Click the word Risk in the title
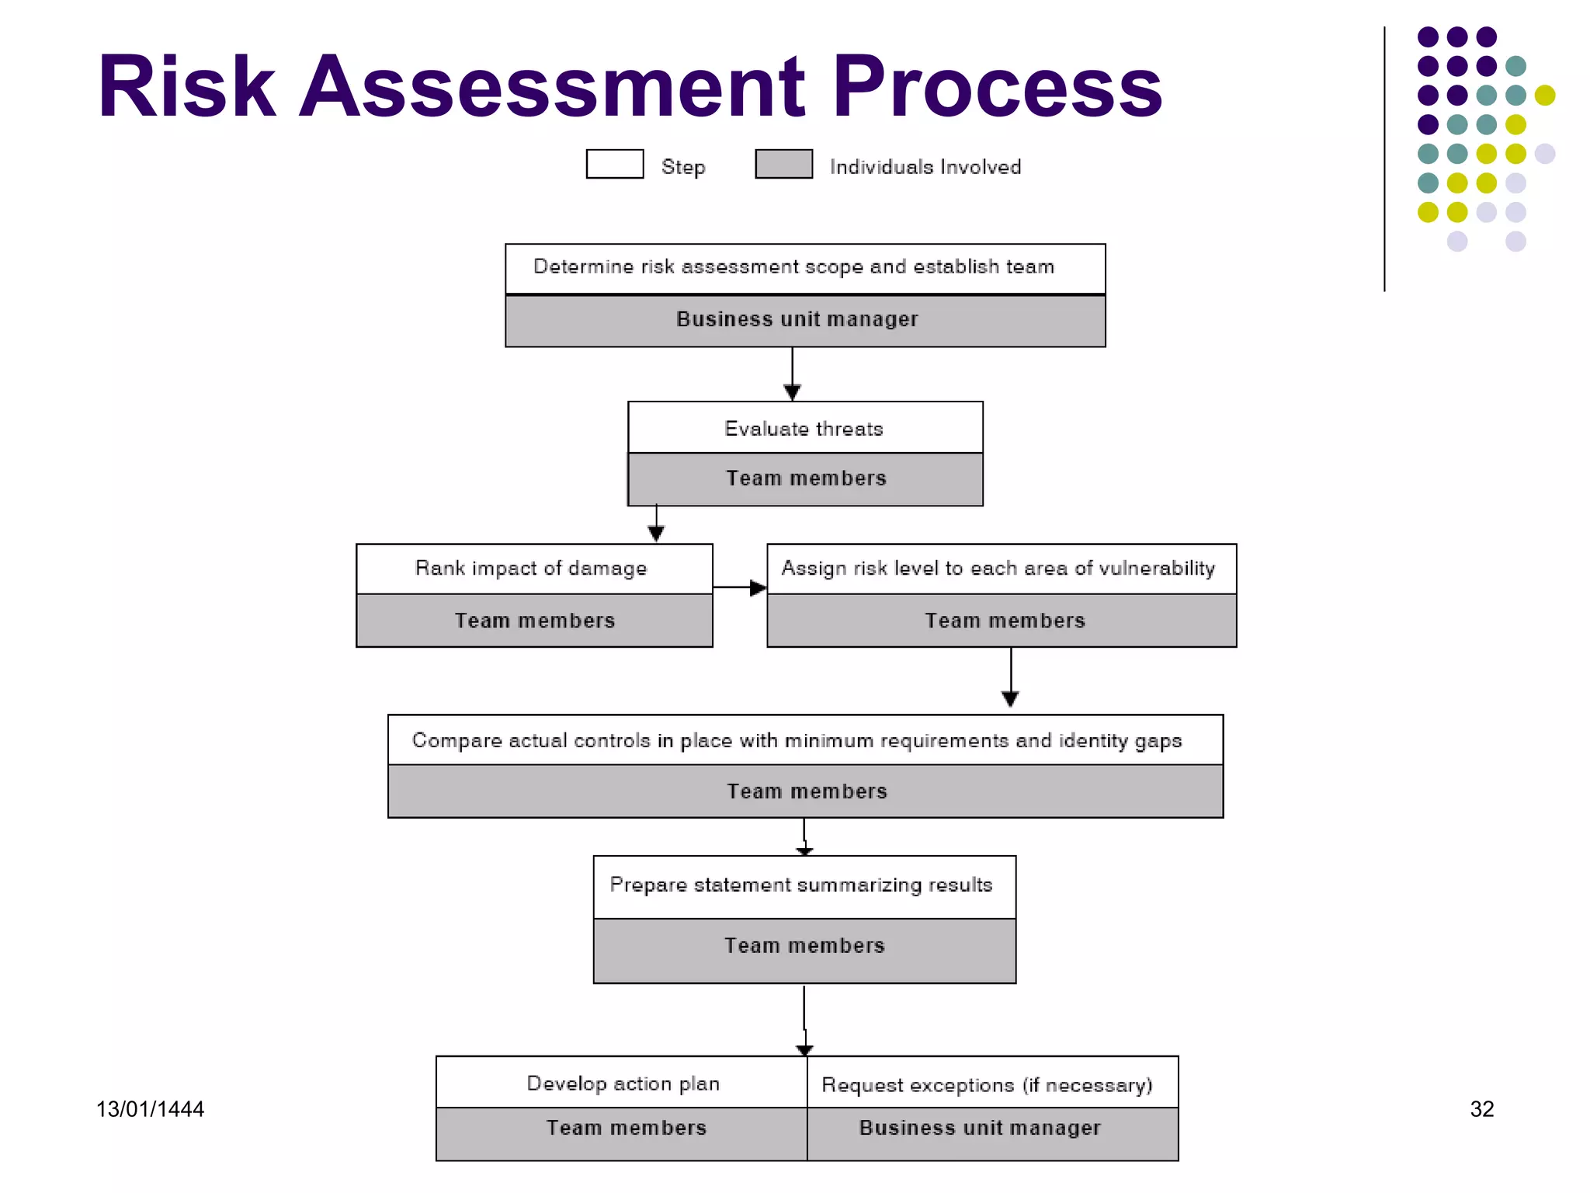pyautogui.click(x=186, y=87)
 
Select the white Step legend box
pyautogui.click(x=614, y=164)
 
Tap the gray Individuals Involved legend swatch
pyautogui.click(x=783, y=164)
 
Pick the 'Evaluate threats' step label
pyautogui.click(x=804, y=428)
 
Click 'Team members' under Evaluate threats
pyautogui.click(x=806, y=478)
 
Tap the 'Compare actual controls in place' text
pyautogui.click(x=797, y=740)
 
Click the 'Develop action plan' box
pyautogui.click(x=623, y=1083)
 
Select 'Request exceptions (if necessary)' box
pyautogui.click(x=988, y=1084)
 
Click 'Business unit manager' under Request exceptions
pyautogui.click(x=980, y=1128)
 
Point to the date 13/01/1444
pyautogui.click(x=150, y=1109)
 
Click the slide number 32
pyautogui.click(x=1481, y=1109)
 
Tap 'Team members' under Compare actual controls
pyautogui.click(x=806, y=791)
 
